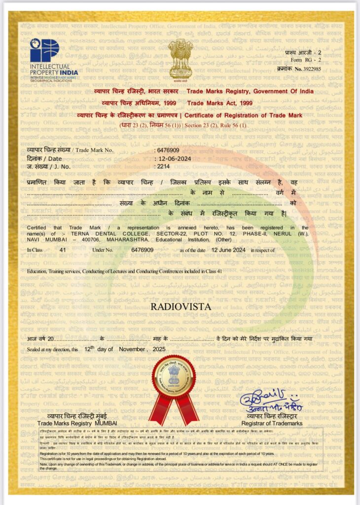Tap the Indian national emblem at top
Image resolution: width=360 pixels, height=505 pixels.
(x=180, y=58)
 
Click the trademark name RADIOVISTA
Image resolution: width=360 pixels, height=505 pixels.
(x=180, y=307)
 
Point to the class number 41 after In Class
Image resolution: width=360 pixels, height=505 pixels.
(x=63, y=251)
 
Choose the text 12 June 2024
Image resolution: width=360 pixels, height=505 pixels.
(x=228, y=251)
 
